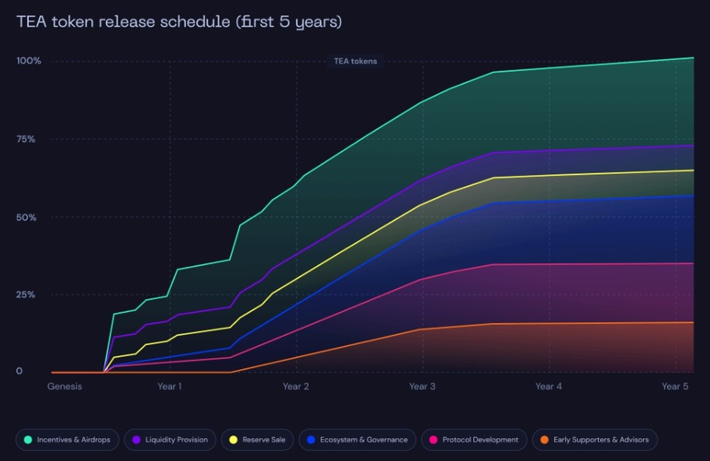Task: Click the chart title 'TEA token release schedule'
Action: tap(179, 22)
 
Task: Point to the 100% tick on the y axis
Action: tap(28, 61)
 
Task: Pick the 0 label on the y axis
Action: tap(20, 371)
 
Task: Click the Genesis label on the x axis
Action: tap(64, 386)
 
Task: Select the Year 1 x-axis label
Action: tap(169, 386)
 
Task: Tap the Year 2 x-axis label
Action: tap(295, 386)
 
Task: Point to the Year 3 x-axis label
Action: tap(422, 386)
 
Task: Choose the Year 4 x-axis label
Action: tap(548, 386)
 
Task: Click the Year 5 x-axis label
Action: tap(675, 386)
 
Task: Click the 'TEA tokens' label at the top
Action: tap(356, 61)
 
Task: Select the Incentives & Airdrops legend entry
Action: tap(67, 440)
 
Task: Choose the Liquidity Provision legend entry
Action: tap(170, 440)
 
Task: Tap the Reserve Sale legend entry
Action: tap(257, 440)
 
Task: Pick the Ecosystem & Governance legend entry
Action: tap(357, 440)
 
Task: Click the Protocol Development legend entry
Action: tap(473, 440)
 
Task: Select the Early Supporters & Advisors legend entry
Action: tap(594, 440)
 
